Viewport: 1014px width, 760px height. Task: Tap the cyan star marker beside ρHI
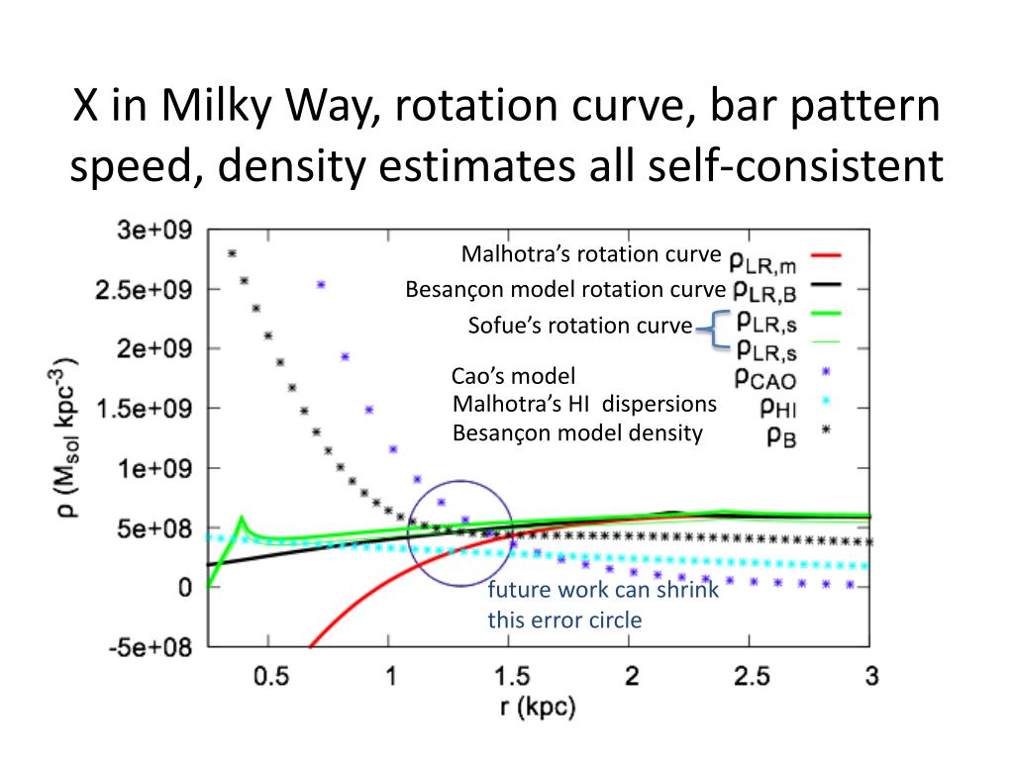tap(824, 404)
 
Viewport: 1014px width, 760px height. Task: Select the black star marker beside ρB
tap(824, 433)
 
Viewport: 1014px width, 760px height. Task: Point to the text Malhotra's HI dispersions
tap(583, 405)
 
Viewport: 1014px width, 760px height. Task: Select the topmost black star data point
tap(233, 253)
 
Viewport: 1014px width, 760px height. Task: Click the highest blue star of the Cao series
tap(322, 285)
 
